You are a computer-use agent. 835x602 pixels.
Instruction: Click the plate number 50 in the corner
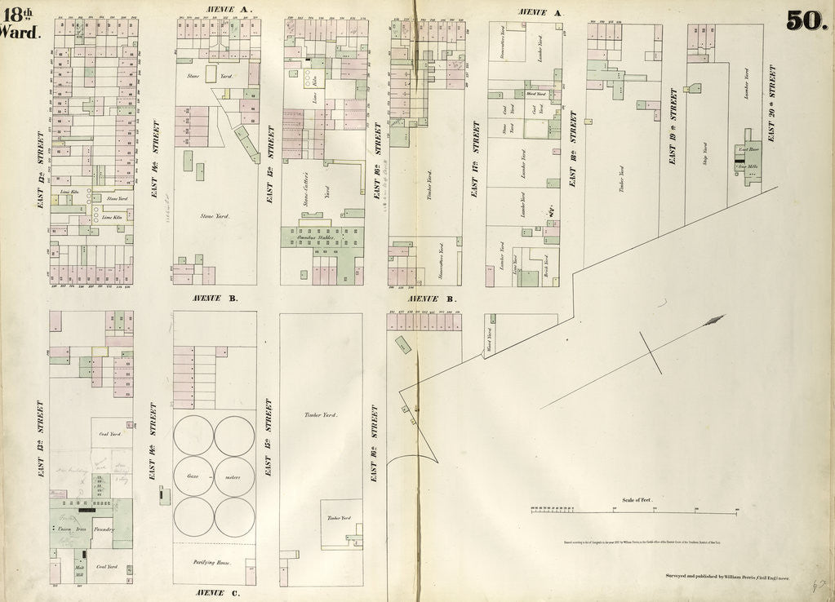point(806,20)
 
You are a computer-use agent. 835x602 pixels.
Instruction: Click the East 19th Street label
point(673,127)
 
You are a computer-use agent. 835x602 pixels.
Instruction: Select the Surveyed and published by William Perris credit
point(726,577)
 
